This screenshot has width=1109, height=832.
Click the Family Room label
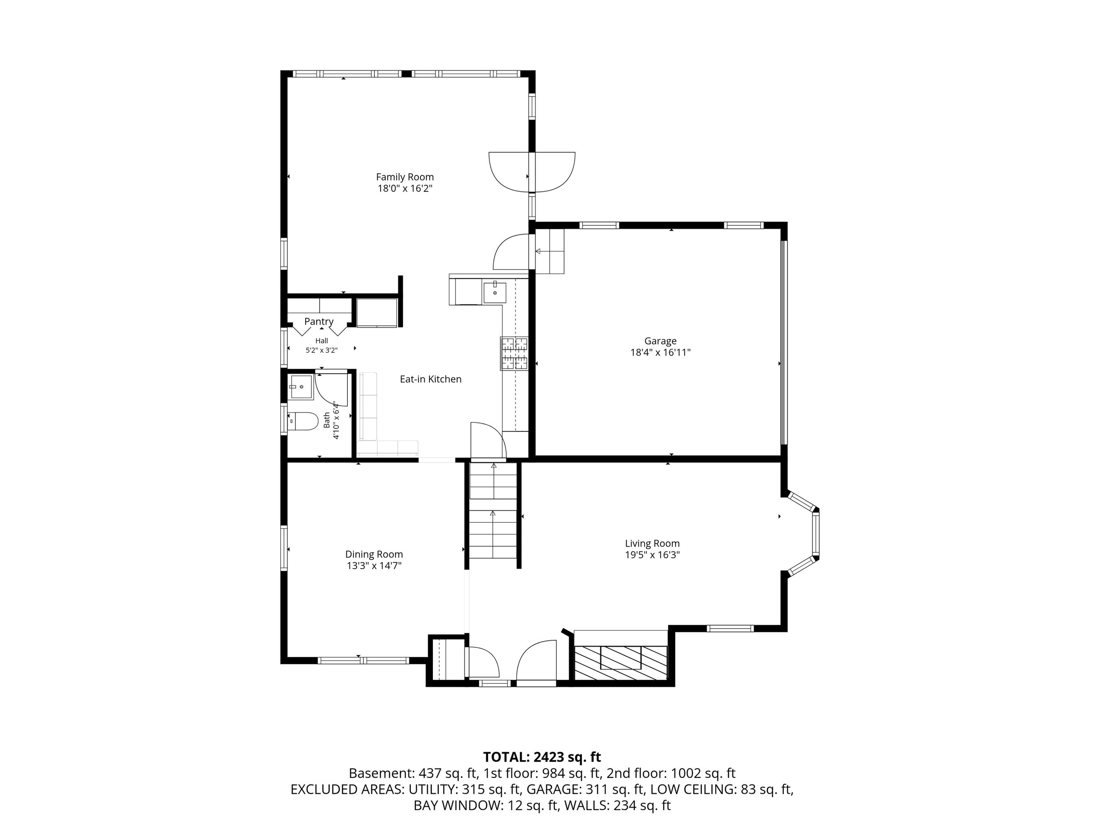(x=405, y=177)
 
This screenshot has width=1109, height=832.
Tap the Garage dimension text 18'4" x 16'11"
(x=660, y=353)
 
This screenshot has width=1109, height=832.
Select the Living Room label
(x=652, y=543)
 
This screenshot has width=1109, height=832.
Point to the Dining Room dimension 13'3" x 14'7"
(x=374, y=566)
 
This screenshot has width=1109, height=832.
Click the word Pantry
(x=319, y=321)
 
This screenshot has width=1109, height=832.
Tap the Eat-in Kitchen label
(x=431, y=379)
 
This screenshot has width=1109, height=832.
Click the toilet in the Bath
(x=303, y=422)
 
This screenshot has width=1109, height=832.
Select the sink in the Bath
(x=301, y=386)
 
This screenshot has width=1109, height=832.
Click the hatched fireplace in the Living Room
(x=621, y=662)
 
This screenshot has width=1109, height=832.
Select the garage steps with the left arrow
(x=550, y=251)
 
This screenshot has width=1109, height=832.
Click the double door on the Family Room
(x=531, y=172)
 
